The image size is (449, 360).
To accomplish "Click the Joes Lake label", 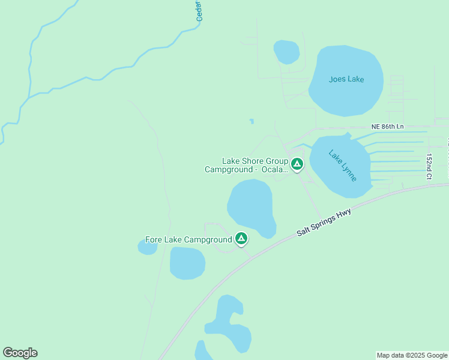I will point(347,79).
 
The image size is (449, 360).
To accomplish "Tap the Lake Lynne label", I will point(343,165).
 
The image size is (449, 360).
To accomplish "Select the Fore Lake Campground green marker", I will point(241,239).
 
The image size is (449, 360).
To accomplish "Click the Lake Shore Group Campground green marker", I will point(297,164).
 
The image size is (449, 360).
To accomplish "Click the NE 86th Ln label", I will point(388,127).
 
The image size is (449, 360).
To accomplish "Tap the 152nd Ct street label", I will point(429,166).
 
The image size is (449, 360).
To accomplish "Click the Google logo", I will point(20,353).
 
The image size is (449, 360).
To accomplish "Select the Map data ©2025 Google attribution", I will point(412,355).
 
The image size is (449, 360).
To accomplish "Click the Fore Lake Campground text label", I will point(188,239).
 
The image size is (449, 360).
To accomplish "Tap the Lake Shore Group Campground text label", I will point(247,165).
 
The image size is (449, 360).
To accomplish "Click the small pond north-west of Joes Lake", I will point(286,52).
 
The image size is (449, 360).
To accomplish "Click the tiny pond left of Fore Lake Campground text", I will point(147,247).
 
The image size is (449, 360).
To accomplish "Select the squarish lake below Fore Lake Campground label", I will point(187,263).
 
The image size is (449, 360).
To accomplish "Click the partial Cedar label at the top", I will point(199,11).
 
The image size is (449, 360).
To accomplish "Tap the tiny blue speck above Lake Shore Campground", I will point(252,121).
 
